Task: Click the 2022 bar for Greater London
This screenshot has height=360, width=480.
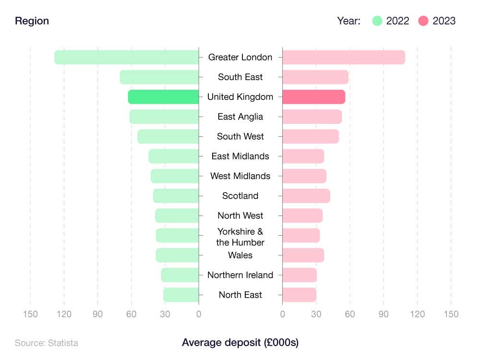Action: click(127, 57)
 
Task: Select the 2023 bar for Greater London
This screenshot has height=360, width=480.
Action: click(344, 57)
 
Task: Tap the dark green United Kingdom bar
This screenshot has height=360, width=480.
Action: click(163, 96)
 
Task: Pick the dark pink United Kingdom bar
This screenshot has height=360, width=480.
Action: click(313, 96)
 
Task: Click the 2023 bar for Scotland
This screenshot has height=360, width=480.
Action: click(306, 196)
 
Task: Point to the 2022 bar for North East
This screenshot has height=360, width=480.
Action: click(181, 295)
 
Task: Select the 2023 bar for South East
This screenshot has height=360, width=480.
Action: click(315, 77)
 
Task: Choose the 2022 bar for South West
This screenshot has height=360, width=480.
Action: click(168, 136)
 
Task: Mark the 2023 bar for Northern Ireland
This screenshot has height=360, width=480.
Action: click(300, 275)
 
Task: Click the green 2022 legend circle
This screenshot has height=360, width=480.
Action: click(377, 21)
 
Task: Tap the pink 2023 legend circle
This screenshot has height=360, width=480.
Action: click(423, 21)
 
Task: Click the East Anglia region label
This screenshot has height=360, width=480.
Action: click(240, 117)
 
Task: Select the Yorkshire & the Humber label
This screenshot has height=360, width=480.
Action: click(240, 237)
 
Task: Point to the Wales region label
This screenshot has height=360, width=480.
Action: click(240, 255)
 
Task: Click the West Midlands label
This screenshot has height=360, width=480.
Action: click(240, 176)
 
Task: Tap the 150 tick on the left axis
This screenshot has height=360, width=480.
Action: click(30, 314)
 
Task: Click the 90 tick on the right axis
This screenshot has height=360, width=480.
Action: click(384, 314)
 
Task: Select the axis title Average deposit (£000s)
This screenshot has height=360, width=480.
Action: click(240, 343)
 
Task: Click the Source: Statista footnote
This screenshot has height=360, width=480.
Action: click(46, 343)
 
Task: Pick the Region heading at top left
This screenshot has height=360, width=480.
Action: click(32, 21)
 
